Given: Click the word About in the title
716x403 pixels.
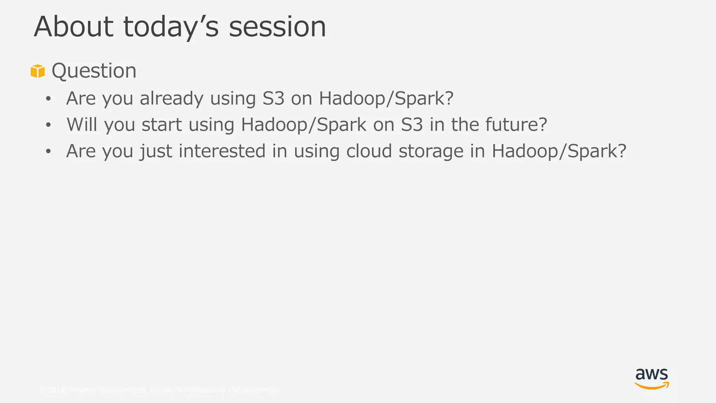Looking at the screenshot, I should tap(73, 27).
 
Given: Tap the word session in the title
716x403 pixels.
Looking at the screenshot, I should tap(277, 27).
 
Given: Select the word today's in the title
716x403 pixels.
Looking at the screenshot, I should tap(171, 28).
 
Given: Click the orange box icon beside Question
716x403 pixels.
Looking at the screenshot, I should tap(38, 71).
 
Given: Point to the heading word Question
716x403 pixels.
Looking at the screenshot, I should tap(94, 71).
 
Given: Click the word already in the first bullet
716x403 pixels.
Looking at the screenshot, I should tap(171, 98).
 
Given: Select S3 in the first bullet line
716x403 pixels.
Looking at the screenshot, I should tap(273, 98).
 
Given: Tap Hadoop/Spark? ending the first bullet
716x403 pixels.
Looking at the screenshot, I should tap(386, 98).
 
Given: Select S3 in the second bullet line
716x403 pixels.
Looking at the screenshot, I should tap(412, 125).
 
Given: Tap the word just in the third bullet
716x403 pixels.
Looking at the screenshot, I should tap(156, 151).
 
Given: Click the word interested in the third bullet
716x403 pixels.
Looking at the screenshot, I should tap(222, 151).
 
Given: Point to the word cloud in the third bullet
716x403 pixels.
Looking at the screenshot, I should tap(369, 151).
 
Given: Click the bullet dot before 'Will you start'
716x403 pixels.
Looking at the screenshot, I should tap(48, 125).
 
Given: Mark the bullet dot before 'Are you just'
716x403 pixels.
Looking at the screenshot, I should tap(48, 151).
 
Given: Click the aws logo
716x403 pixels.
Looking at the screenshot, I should tap(652, 379).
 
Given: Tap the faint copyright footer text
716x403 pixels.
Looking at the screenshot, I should tap(159, 390).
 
